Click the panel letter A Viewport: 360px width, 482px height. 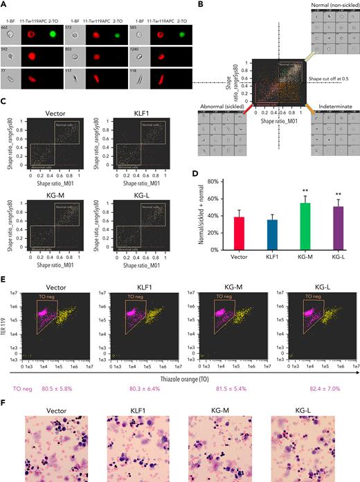pos(4,4)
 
